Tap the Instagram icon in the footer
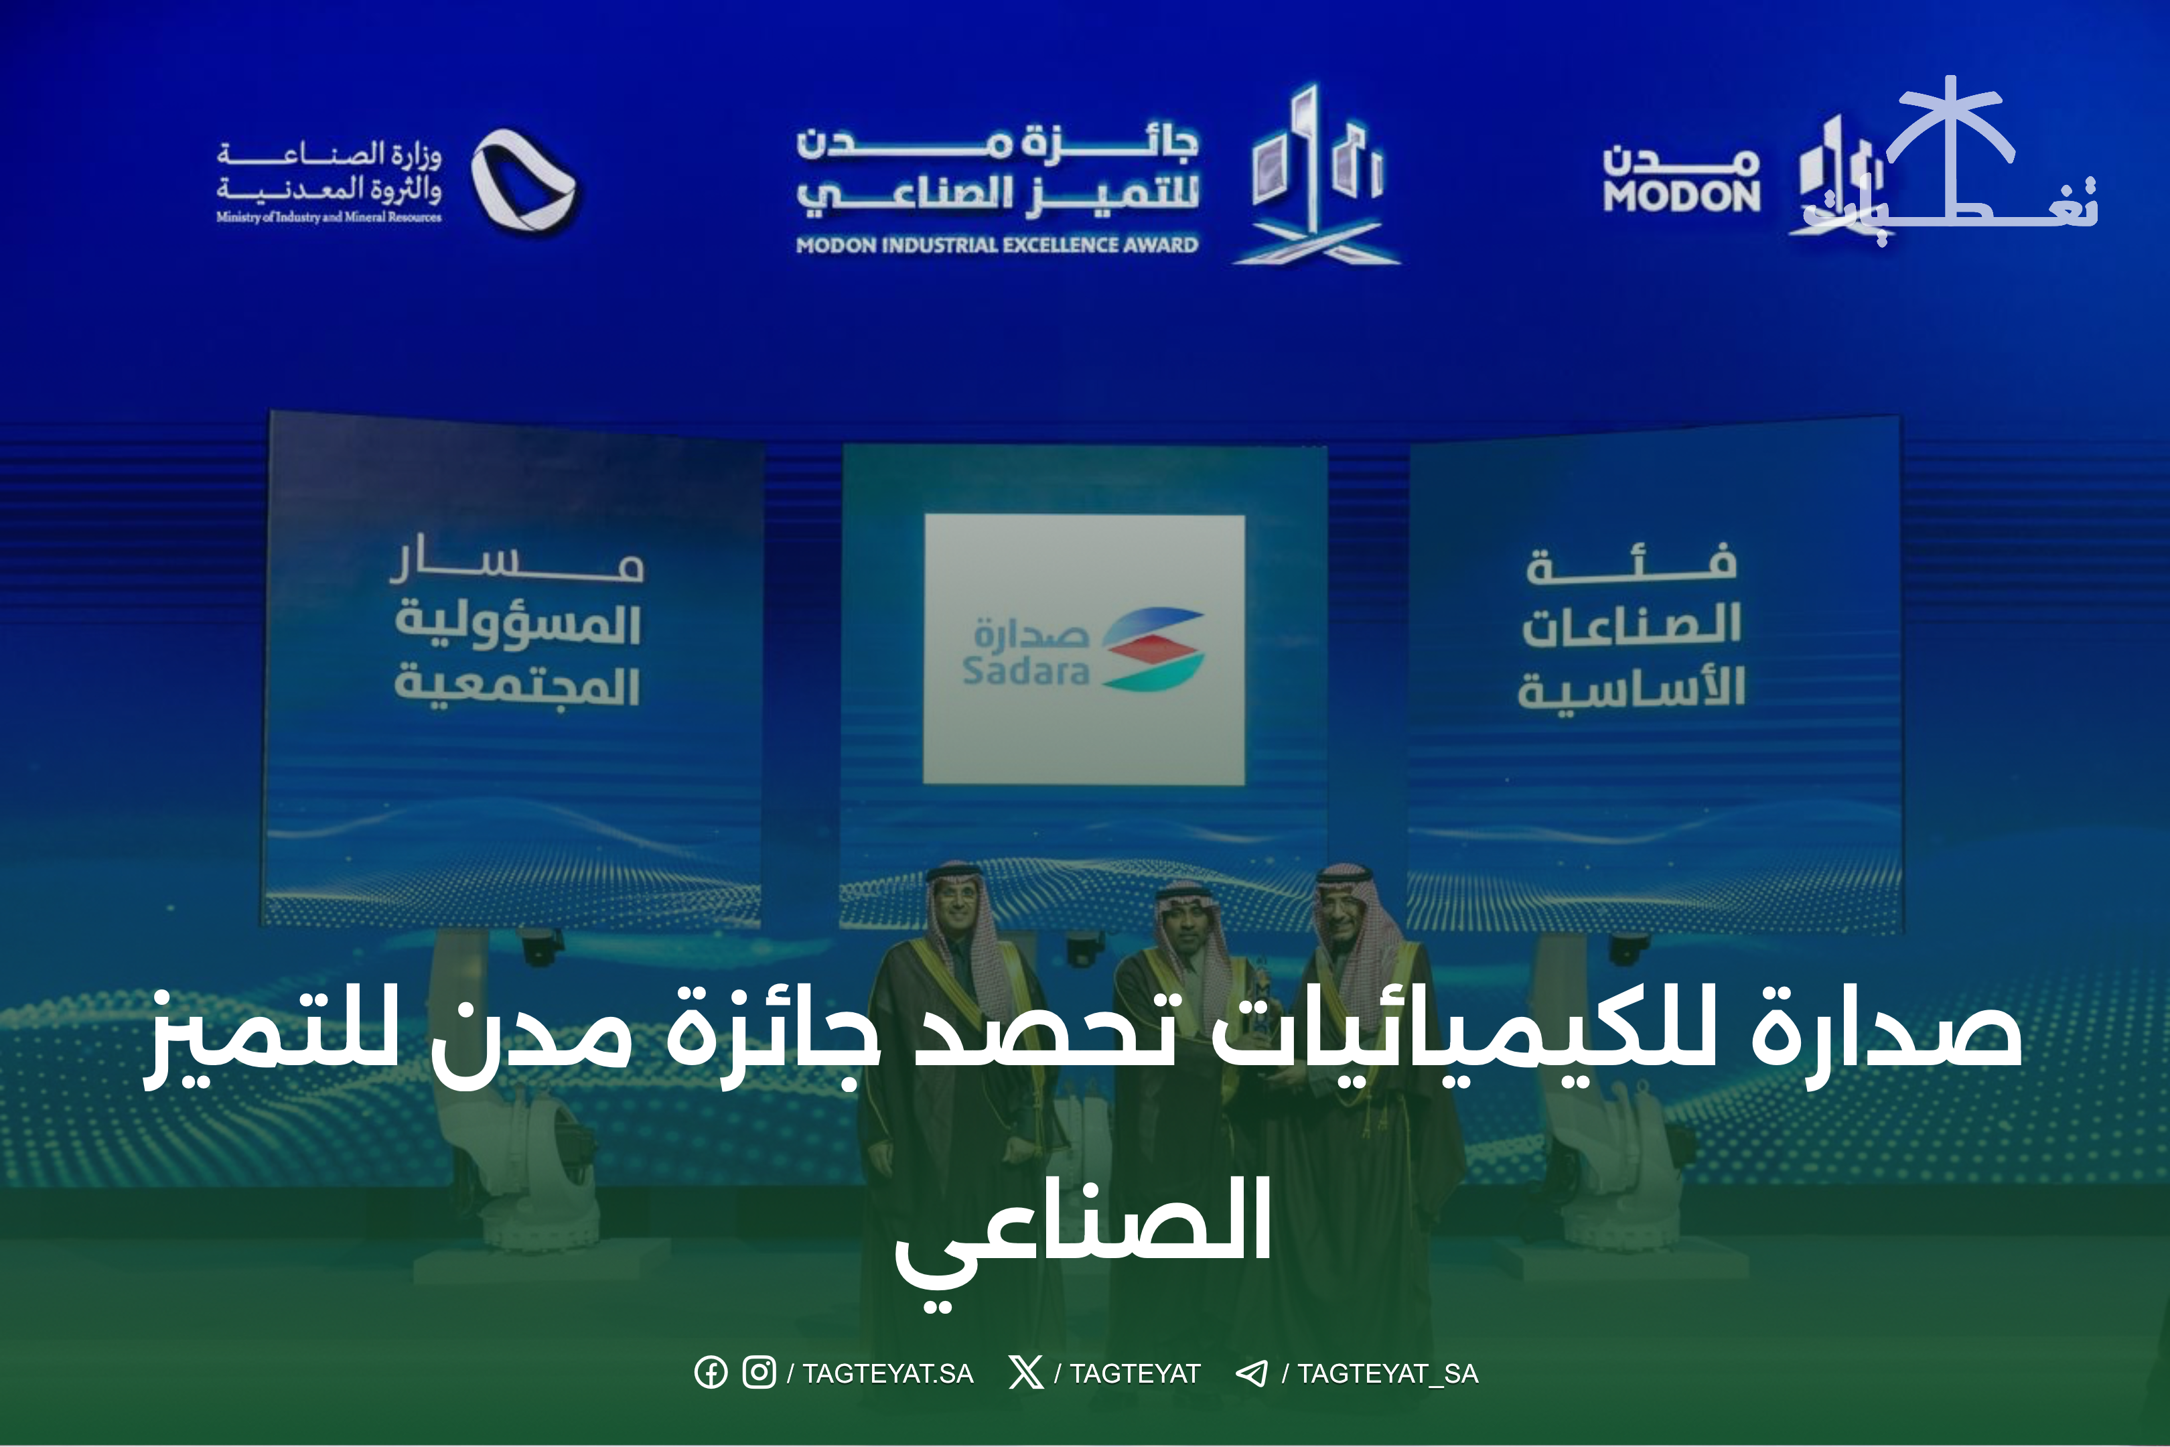pos(759,1372)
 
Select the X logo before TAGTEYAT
pos(1025,1372)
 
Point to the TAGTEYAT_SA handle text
pos(1388,1374)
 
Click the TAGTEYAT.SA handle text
pos(887,1373)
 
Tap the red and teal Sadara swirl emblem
pos(1153,648)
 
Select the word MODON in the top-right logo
pos(1682,196)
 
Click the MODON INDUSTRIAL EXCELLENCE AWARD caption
pos(997,245)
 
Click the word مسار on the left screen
pos(516,557)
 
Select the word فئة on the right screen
pos(1632,563)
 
